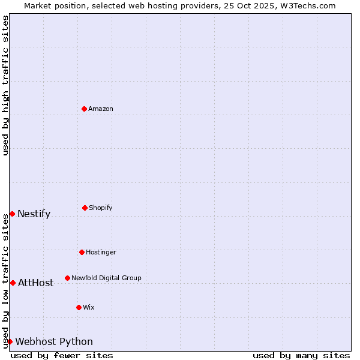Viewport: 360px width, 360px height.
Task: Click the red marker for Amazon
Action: click(x=84, y=109)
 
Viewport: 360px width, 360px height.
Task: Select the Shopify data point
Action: click(x=85, y=208)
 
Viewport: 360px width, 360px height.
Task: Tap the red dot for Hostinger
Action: click(x=82, y=252)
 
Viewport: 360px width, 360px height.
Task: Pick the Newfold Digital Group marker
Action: click(x=67, y=278)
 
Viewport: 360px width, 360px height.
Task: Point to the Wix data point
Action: click(x=79, y=307)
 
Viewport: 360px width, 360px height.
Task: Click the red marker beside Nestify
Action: click(x=12, y=214)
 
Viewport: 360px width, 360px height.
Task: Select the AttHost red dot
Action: click(x=13, y=283)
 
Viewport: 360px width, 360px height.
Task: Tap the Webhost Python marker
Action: click(x=10, y=341)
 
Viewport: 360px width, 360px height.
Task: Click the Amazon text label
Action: click(x=101, y=109)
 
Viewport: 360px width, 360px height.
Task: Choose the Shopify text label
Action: click(x=101, y=208)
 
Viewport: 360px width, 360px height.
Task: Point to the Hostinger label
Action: click(x=101, y=253)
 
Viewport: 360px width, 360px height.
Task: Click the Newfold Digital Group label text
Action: click(x=106, y=278)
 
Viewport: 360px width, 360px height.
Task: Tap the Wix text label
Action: click(x=89, y=308)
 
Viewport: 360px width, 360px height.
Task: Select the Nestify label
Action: click(x=34, y=214)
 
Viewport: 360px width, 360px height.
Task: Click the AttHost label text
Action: click(x=36, y=283)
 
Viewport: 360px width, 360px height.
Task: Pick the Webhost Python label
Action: click(x=54, y=342)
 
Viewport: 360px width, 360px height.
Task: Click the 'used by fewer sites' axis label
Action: click(x=62, y=355)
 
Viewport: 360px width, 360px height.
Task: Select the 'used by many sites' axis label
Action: click(x=301, y=355)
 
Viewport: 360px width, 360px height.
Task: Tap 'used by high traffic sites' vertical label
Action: click(x=5, y=85)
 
